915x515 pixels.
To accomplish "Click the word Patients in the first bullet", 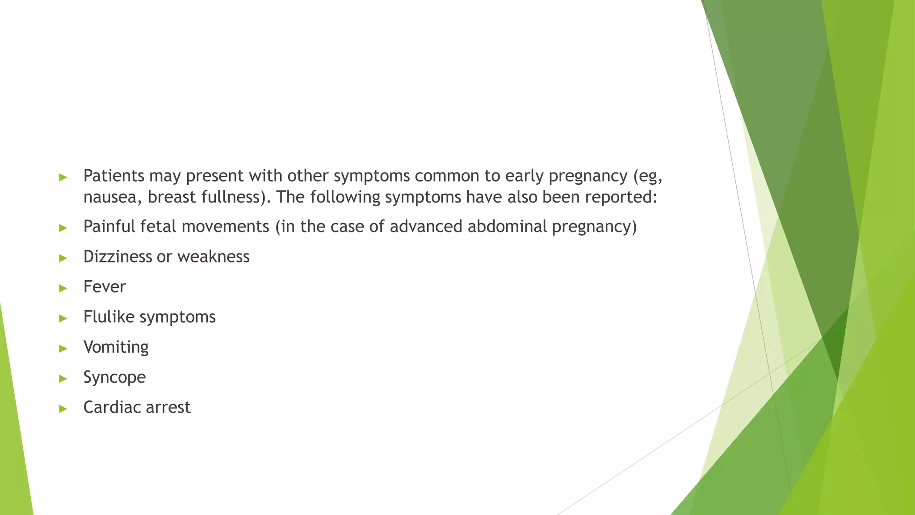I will point(113,176).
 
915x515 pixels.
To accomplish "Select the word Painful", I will point(109,227).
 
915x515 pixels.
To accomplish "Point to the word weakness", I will point(213,257).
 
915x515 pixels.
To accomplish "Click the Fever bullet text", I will point(105,287).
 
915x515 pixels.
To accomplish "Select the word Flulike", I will point(109,317).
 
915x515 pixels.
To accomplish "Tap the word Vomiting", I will point(116,347).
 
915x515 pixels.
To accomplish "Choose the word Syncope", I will point(114,377).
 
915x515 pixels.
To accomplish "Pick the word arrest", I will point(170,407).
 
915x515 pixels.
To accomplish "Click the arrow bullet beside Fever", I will point(63,288).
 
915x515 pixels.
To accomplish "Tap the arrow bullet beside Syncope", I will point(63,379).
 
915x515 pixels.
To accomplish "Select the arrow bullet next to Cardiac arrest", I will point(63,409).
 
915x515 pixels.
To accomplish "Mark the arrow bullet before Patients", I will point(63,177).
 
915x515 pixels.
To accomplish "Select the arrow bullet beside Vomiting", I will point(63,348).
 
